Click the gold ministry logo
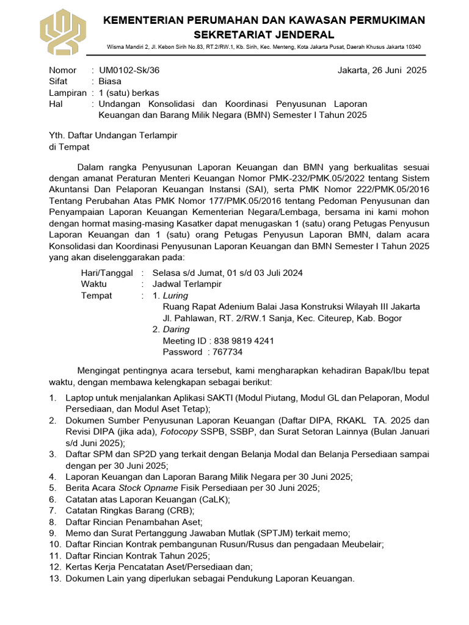(64, 31)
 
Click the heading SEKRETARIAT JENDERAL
(264, 34)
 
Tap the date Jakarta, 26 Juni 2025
(382, 70)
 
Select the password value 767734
(227, 352)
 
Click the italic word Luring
(176, 295)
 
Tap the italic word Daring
(176, 329)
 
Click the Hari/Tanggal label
(107, 273)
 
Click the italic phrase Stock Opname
(148, 488)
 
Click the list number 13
(55, 578)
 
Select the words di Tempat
(69, 146)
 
